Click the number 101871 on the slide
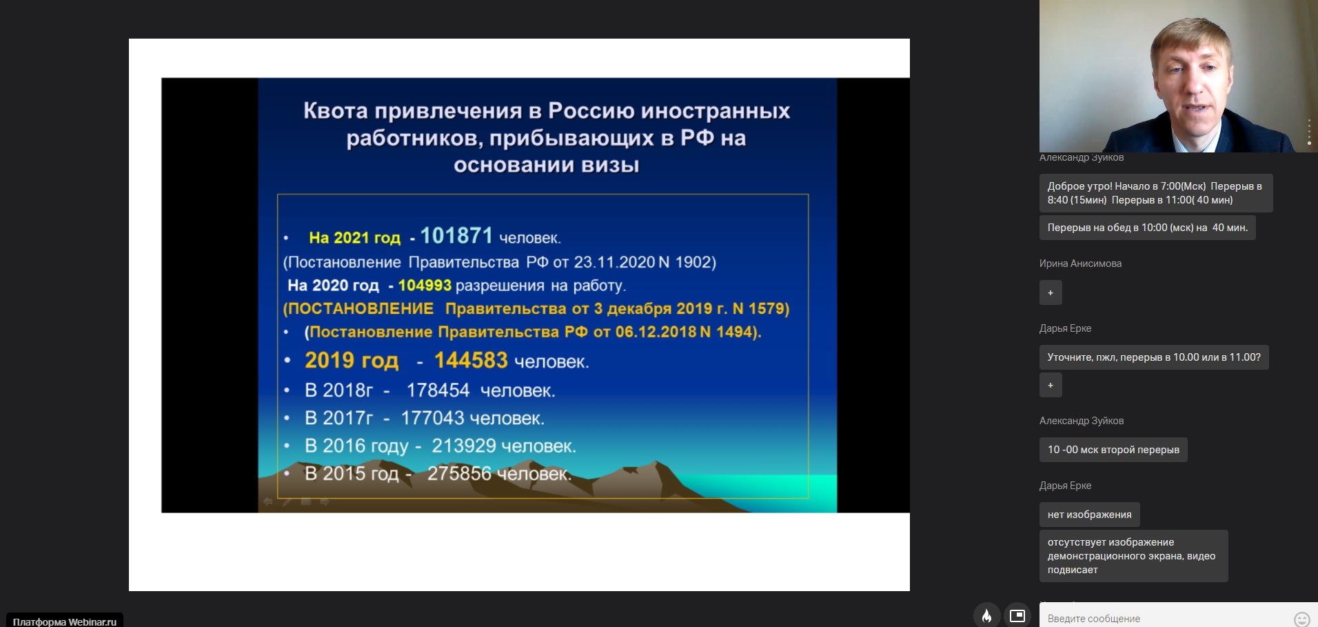click(456, 236)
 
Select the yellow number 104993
click(425, 286)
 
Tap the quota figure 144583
click(471, 360)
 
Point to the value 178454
click(438, 390)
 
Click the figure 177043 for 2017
click(432, 418)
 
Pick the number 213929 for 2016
click(464, 446)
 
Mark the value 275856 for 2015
click(459, 473)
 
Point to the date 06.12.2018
click(656, 332)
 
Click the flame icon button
click(987, 615)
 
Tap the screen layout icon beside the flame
click(1017, 615)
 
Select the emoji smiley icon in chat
click(1301, 619)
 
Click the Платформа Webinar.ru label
click(65, 621)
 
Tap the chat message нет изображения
click(1089, 515)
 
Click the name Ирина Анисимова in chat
click(1080, 263)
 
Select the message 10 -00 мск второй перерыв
click(1113, 450)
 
